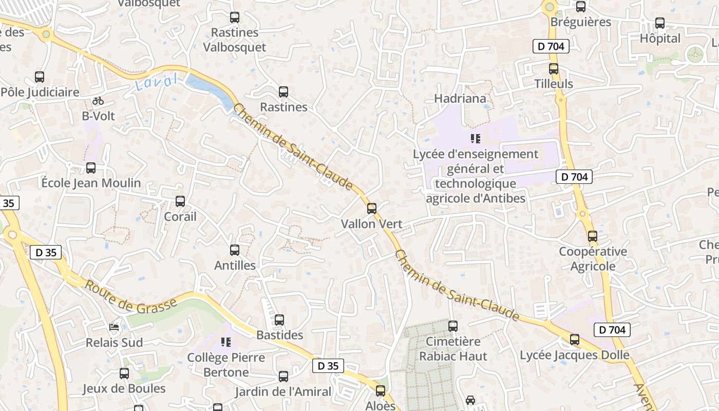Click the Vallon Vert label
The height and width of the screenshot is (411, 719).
(372, 224)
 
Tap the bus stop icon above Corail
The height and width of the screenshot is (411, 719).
(180, 201)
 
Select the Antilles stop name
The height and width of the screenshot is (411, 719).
(235, 266)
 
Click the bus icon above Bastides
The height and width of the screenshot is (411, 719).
(279, 320)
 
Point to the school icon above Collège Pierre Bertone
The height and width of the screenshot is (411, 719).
(225, 342)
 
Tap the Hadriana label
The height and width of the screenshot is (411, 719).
(460, 98)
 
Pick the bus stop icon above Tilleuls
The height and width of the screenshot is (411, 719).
(553, 68)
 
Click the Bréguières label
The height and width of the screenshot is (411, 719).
(580, 22)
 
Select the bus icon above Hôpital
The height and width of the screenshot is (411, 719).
(659, 23)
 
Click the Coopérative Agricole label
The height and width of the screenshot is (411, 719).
(593, 259)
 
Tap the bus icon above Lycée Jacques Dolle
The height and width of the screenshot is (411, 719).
(574, 340)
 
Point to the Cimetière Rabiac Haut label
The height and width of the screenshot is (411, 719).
(453, 349)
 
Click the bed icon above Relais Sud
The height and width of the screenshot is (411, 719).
(114, 327)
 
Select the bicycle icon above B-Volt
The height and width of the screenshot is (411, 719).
(98, 101)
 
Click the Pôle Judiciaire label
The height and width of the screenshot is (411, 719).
(40, 92)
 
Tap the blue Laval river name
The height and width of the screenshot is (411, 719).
(157, 82)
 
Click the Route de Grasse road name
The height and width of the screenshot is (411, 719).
(130, 298)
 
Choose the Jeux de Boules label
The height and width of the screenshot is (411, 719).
(124, 388)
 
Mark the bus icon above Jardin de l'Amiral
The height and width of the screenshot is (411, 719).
(283, 377)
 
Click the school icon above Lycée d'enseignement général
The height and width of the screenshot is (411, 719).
(475, 138)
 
